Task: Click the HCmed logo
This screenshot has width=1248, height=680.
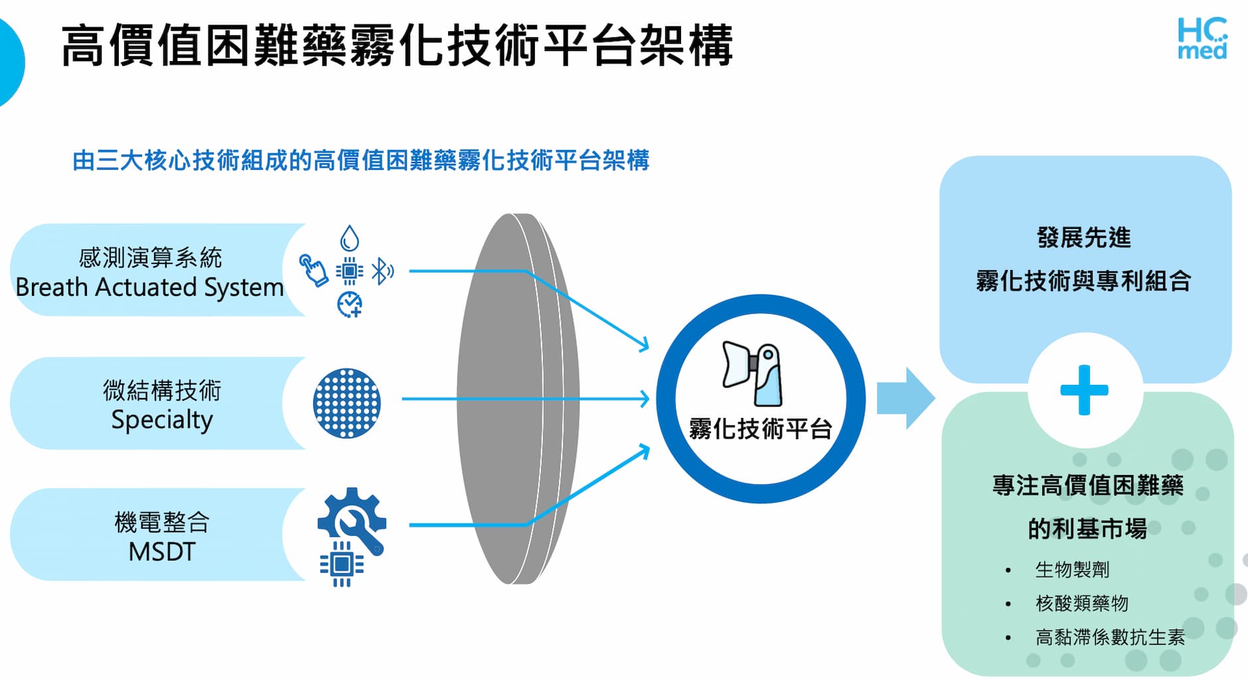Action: (1202, 38)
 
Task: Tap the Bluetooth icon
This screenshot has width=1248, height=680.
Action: (382, 271)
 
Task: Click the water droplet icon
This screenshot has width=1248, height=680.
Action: (349, 238)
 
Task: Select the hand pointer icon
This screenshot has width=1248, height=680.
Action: (313, 270)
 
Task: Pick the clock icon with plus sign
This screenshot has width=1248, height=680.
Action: (349, 305)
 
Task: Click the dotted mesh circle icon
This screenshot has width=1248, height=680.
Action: (347, 403)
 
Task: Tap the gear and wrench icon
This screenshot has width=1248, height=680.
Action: (352, 521)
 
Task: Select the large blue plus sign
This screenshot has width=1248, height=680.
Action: (1084, 390)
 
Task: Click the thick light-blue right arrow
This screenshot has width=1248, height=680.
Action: (905, 398)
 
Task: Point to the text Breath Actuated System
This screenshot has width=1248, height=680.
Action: (149, 287)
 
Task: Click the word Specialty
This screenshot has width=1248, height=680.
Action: (162, 420)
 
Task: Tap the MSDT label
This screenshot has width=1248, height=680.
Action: (162, 552)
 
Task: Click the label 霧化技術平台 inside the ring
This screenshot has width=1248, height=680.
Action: (760, 429)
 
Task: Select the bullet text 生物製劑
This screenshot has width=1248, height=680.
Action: (1072, 569)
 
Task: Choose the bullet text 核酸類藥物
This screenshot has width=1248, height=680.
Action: (1081, 603)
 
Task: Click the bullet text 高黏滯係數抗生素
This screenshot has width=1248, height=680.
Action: (1110, 637)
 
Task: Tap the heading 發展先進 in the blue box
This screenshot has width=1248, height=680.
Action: (1083, 238)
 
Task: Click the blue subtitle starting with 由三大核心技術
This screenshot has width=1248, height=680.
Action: (360, 161)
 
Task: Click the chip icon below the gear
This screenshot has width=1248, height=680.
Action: (341, 565)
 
